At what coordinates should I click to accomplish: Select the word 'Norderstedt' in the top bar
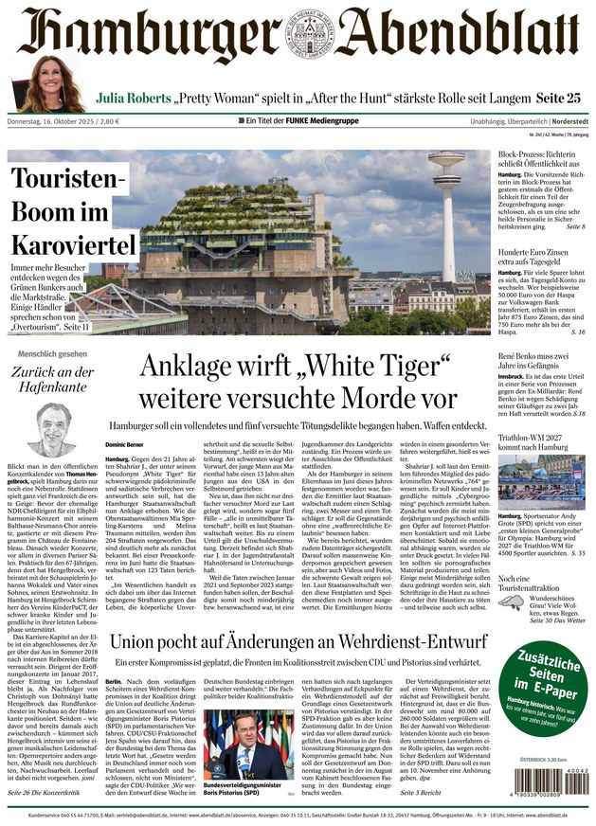[x=558, y=121]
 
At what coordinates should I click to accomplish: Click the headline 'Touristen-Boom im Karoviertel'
[x=74, y=211]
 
